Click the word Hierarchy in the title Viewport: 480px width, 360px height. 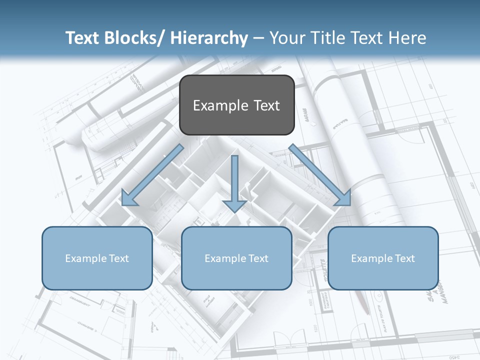coord(209,38)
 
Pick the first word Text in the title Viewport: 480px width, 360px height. coord(84,38)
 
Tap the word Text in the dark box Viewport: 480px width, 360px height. coord(265,105)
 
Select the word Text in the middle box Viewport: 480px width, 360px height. coord(258,258)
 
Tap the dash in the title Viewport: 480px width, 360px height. coord(258,38)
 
